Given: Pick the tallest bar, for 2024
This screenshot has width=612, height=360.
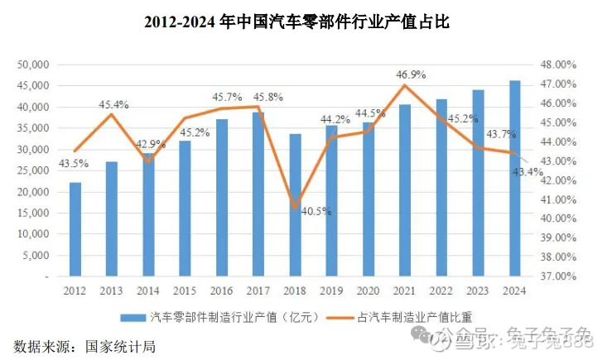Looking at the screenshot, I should pos(514,178).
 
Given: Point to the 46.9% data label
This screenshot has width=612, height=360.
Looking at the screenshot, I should pos(411,74).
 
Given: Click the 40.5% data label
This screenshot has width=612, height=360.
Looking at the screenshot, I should pos(316,211).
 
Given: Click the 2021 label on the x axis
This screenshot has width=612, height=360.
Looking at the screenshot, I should pos(405,290).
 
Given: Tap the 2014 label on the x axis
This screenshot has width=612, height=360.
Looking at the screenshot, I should pos(148,290).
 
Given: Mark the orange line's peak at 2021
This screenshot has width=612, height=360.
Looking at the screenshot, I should pos(405,85).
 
